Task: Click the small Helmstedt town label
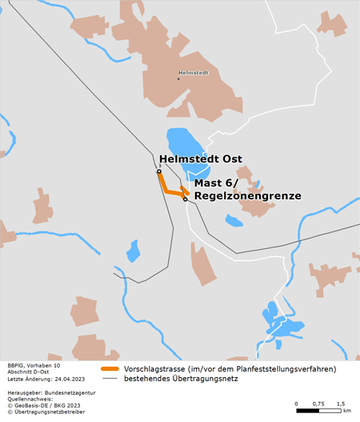(x=194, y=74)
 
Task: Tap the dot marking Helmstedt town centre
(x=178, y=78)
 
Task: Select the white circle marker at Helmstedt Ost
(x=159, y=171)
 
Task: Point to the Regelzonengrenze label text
(x=247, y=195)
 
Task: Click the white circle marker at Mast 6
(x=186, y=199)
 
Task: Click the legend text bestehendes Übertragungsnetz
(x=182, y=378)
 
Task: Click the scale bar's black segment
(x=308, y=411)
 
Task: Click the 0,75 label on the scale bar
(x=318, y=403)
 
